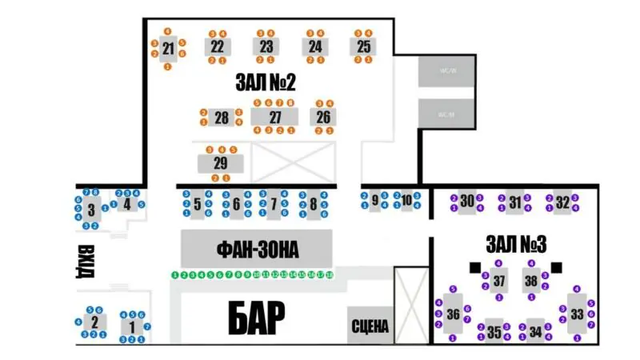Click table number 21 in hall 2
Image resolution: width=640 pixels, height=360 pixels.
168,49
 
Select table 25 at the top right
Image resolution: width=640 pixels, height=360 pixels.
364,46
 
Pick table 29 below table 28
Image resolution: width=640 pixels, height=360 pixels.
220,163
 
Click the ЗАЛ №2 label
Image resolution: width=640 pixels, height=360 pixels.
266,82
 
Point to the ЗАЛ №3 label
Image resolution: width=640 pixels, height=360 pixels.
516,242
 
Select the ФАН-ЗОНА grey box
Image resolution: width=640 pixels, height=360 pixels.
256,250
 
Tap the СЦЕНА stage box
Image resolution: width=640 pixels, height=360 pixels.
370,325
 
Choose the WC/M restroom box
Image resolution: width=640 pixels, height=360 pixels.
446,114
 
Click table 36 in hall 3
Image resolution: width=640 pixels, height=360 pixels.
454,314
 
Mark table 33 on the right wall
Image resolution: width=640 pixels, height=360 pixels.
577,314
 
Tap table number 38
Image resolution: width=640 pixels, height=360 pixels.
530,281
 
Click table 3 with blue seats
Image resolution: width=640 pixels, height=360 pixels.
91,211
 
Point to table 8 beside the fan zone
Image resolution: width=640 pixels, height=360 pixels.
313,204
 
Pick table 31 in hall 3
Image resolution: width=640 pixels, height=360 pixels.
514,202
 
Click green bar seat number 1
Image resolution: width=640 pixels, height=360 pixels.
175,274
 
